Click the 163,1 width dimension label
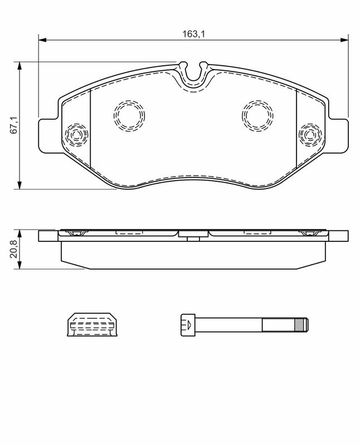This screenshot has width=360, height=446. point(193,34)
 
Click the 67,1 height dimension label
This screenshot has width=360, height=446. point(14,125)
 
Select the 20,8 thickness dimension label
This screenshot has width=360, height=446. point(14,249)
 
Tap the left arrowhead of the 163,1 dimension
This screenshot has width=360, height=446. point(42,40)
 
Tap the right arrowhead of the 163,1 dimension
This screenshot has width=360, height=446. point(344,40)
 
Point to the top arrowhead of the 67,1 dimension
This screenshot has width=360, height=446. point(20,65)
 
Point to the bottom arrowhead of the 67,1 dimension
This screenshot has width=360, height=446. point(20,185)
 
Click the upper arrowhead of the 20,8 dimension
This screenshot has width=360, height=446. point(20,234)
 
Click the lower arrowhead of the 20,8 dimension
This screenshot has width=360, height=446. point(20,265)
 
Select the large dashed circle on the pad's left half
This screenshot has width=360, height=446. point(114,115)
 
